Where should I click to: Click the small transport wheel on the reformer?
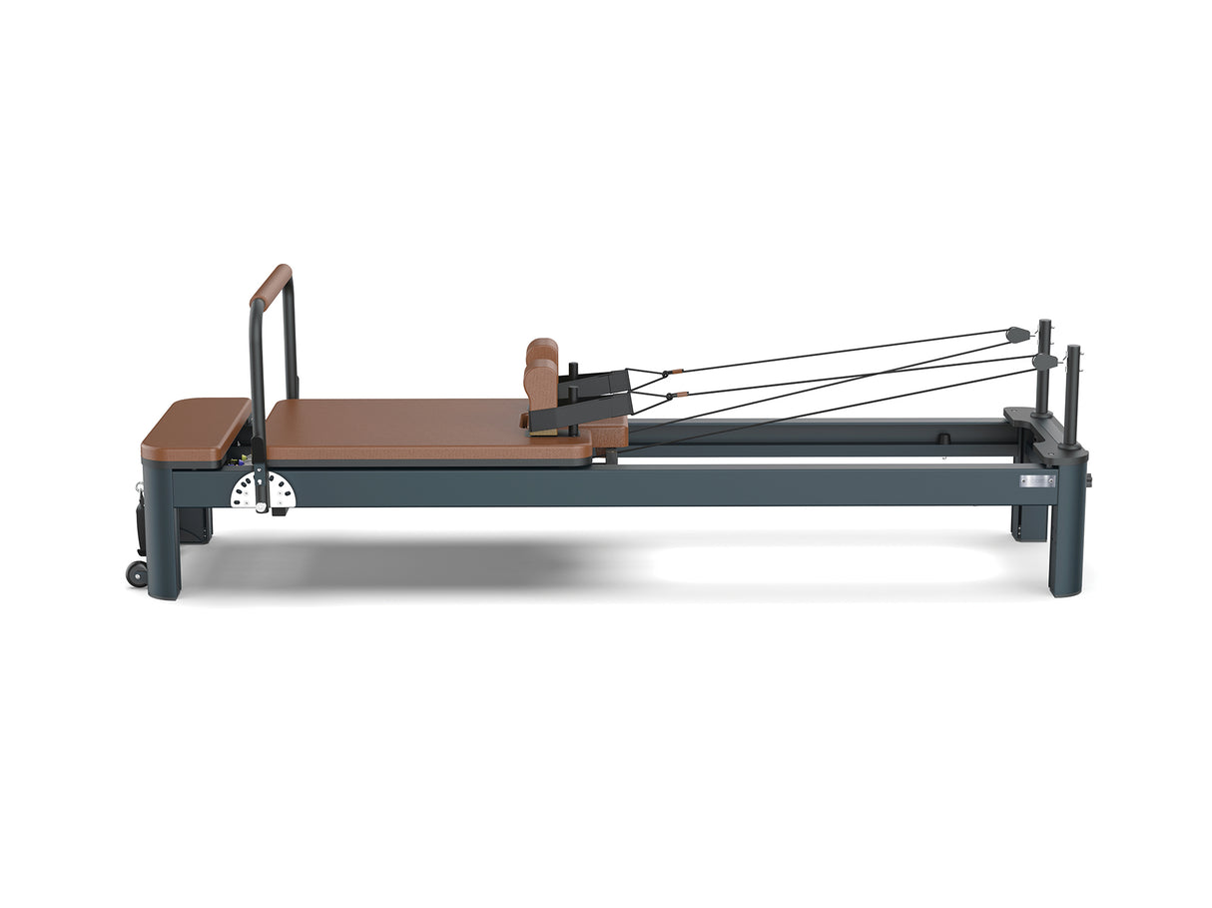tap(136, 573)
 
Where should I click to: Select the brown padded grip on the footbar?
tap(271, 286)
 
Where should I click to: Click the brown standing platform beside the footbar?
tap(195, 428)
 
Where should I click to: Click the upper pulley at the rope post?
tap(1017, 334)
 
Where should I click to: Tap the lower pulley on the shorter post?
tap(1044, 361)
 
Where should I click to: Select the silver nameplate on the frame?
tap(1038, 481)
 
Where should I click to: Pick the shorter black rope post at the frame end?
tap(1072, 395)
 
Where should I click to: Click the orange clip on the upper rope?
tap(678, 372)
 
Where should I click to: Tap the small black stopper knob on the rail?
tap(941, 439)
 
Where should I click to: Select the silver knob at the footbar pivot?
tap(263, 507)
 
